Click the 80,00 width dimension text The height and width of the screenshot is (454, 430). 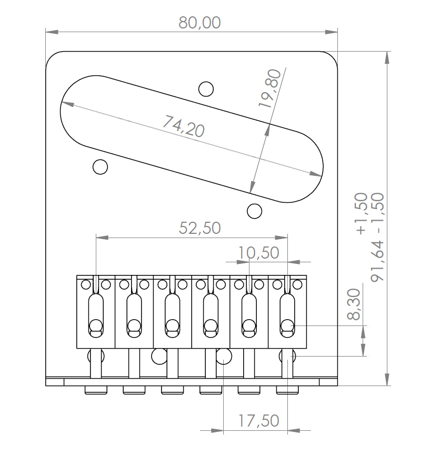pyautogui.click(x=199, y=23)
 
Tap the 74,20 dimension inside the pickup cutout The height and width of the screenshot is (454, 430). pyautogui.click(x=183, y=126)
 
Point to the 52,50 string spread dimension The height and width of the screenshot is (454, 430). pyautogui.click(x=199, y=228)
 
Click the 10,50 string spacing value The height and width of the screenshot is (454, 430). pyautogui.click(x=258, y=253)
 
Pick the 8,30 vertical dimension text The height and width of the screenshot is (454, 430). pyautogui.click(x=354, y=304)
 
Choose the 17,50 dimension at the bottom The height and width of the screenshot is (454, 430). pyautogui.click(x=258, y=421)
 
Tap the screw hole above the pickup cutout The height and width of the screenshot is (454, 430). pyautogui.click(x=206, y=89)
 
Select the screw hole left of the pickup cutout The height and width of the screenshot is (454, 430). pyautogui.click(x=100, y=167)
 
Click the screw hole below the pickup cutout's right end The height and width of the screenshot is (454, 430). pyautogui.click(x=254, y=211)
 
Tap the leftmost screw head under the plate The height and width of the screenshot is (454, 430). pyautogui.click(x=95, y=390)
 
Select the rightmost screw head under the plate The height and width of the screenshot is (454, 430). pyautogui.click(x=287, y=390)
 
